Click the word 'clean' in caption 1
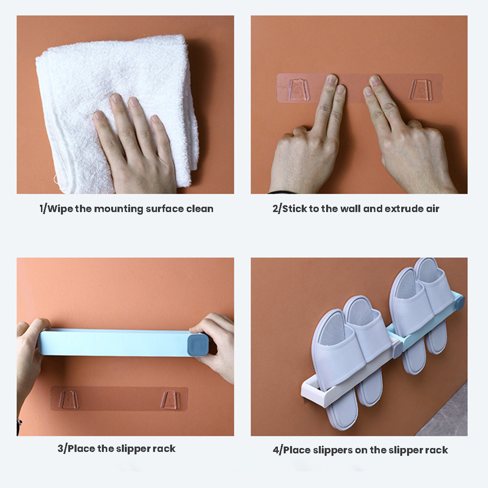point(199,209)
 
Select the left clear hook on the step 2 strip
point(297,90)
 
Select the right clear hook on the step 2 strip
point(421,90)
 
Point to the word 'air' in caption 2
point(432,209)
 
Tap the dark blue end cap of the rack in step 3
point(197,344)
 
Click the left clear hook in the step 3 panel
point(69,400)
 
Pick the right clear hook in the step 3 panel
point(170,400)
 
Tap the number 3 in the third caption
point(60,449)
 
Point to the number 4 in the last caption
point(276,450)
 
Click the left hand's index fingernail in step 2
point(332,80)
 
